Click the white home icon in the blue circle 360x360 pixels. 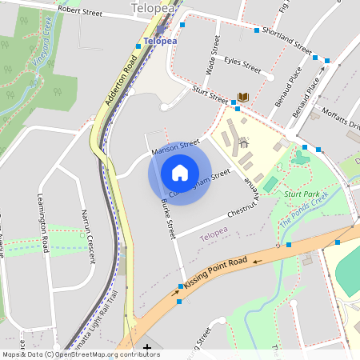coord(180,172)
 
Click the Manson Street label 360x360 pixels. coord(175,146)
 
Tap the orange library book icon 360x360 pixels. coord(243,97)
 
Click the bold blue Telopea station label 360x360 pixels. coord(160,41)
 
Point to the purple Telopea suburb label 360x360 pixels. coord(214,235)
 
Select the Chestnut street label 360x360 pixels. coord(242,209)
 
